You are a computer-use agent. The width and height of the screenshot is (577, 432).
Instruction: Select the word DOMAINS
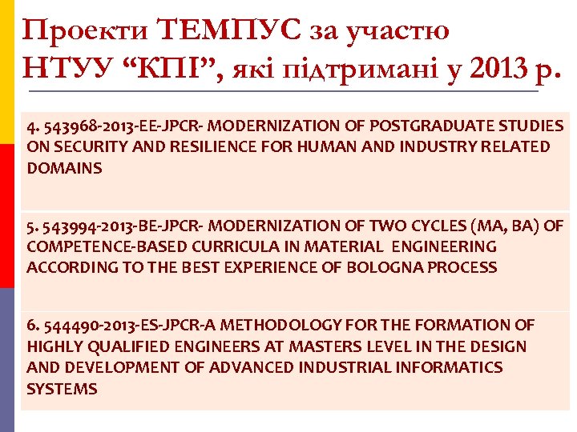65,168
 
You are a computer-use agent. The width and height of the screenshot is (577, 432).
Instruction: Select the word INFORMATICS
458,367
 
